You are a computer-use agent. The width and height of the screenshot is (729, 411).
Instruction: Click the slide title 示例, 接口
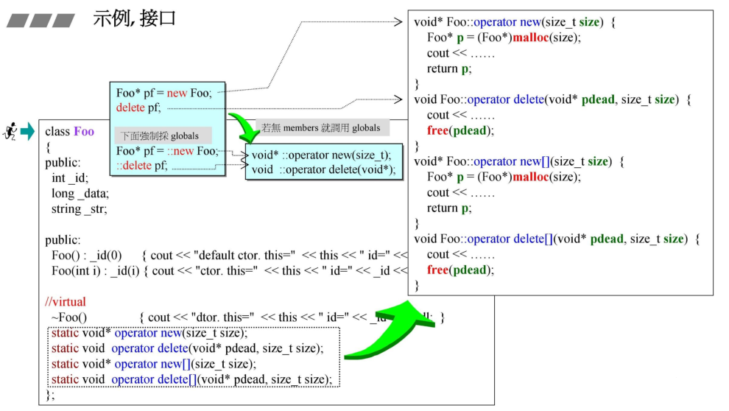[135, 18]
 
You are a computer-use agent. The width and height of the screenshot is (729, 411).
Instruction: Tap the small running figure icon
[10, 132]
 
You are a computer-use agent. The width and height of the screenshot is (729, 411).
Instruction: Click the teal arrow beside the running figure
[27, 132]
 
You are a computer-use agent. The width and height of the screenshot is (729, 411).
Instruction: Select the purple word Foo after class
[84, 132]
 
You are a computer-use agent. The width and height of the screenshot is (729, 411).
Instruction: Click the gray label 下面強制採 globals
[161, 136]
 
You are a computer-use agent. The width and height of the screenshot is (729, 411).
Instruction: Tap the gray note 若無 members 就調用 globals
[321, 127]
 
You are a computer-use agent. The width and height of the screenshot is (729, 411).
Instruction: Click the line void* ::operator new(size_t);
[321, 155]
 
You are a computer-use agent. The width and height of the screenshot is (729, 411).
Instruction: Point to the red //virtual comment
[65, 302]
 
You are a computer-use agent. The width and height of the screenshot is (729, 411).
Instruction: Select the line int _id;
[69, 178]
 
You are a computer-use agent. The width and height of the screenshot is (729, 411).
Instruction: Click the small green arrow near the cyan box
[245, 126]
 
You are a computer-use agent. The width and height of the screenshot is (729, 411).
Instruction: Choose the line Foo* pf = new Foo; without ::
[164, 93]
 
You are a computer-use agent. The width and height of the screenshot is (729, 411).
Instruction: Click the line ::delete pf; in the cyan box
[143, 166]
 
